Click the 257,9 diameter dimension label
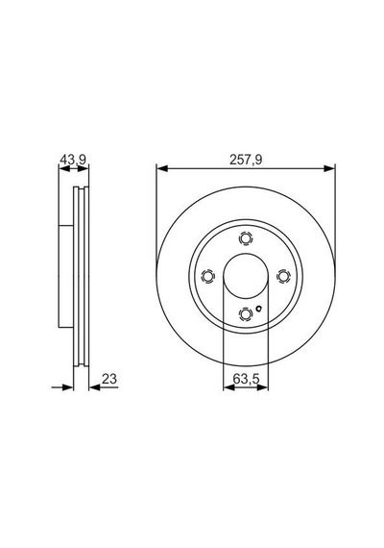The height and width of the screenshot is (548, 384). click(x=246, y=160)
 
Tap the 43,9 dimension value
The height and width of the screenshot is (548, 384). click(x=73, y=160)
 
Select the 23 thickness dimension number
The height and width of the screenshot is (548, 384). click(x=109, y=379)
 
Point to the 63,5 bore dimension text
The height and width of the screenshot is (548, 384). click(x=246, y=379)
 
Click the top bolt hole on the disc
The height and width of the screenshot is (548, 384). click(x=246, y=238)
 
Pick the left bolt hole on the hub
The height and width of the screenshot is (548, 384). click(x=208, y=276)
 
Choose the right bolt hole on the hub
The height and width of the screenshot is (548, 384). click(x=283, y=276)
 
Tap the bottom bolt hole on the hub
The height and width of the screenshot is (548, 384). click(x=246, y=313)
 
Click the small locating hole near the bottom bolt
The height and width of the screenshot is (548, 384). click(x=258, y=308)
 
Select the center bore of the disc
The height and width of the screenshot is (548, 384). click(x=246, y=276)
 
